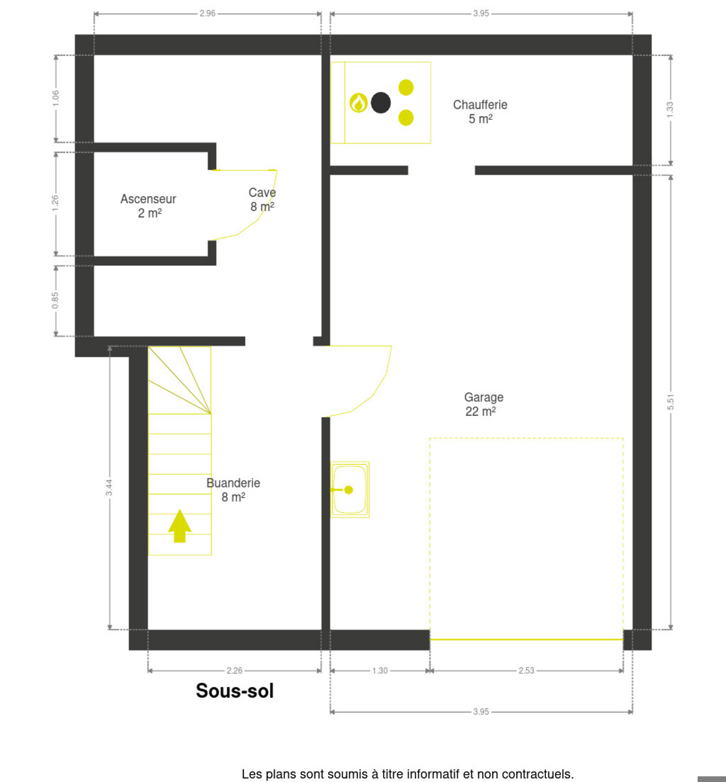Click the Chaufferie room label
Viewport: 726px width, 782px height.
click(x=480, y=112)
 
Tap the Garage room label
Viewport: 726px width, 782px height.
click(x=483, y=405)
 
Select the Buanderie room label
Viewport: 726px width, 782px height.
click(x=234, y=490)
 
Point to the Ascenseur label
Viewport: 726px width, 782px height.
click(x=148, y=206)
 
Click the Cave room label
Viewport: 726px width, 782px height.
click(x=262, y=199)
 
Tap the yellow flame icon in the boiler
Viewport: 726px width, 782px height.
click(x=359, y=103)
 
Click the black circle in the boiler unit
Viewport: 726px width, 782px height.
click(x=381, y=103)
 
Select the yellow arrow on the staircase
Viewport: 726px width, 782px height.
click(x=180, y=526)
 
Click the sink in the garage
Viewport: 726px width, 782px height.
click(x=350, y=489)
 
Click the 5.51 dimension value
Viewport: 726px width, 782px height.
click(x=671, y=401)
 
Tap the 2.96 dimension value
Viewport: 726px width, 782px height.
click(x=207, y=14)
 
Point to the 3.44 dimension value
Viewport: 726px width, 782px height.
click(x=109, y=487)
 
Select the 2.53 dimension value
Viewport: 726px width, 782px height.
click(x=526, y=671)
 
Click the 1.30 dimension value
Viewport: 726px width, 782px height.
click(x=380, y=671)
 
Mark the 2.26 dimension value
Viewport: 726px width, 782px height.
click(x=235, y=671)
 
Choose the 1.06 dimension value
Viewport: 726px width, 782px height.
click(x=55, y=98)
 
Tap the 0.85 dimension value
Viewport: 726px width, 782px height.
click(x=55, y=300)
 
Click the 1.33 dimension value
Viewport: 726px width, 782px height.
click(x=670, y=109)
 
